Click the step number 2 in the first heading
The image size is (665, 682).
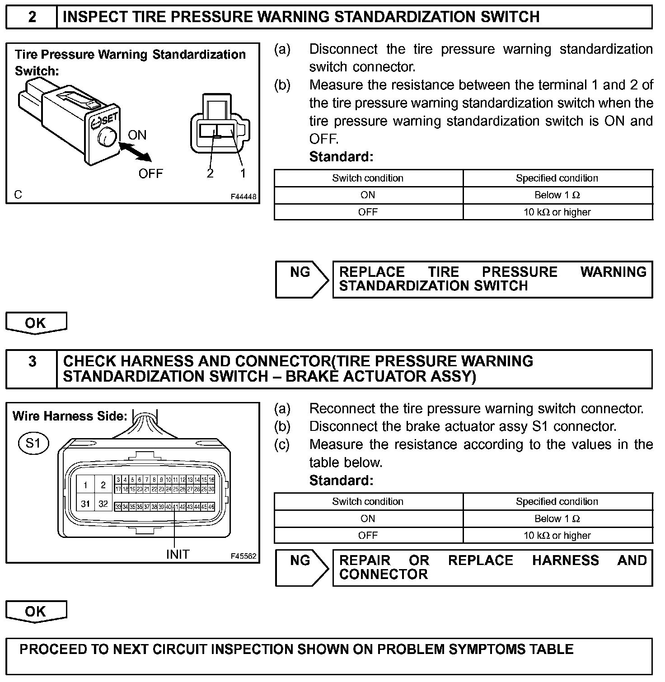pos(32,17)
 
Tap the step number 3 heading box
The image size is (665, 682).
pos(32,362)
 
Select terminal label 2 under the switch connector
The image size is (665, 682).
pos(210,173)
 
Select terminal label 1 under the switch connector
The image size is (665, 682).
pos(243,173)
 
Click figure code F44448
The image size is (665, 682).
pos(244,197)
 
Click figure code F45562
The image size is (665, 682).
pos(244,556)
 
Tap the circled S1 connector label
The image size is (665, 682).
pos(33,443)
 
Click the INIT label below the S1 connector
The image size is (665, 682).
pos(178,554)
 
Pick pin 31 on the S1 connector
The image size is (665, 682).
pos(85,504)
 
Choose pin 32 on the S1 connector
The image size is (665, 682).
pos(103,504)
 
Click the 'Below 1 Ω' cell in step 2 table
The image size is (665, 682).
pos(557,195)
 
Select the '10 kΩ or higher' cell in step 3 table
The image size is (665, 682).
pos(557,536)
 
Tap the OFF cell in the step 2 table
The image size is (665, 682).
pos(368,212)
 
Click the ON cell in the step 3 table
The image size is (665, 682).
pos(368,519)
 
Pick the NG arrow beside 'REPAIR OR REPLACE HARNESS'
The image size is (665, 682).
pos(301,567)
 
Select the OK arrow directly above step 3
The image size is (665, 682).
pos(36,323)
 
